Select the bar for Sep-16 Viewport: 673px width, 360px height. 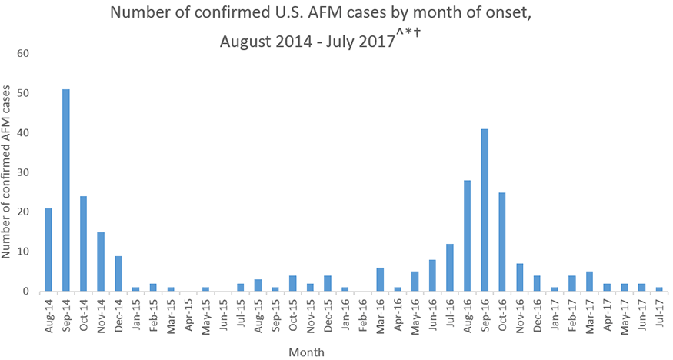[485, 210]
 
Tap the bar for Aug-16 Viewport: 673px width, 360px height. [467, 236]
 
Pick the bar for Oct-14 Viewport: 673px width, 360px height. [83, 244]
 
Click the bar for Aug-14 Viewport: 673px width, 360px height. [48, 250]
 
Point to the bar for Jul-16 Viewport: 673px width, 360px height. [450, 268]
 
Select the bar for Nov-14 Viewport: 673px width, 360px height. [101, 262]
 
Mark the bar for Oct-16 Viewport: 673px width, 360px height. [502, 242]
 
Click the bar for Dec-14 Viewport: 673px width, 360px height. [118, 274]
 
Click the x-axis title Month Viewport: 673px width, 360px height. [306, 352]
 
